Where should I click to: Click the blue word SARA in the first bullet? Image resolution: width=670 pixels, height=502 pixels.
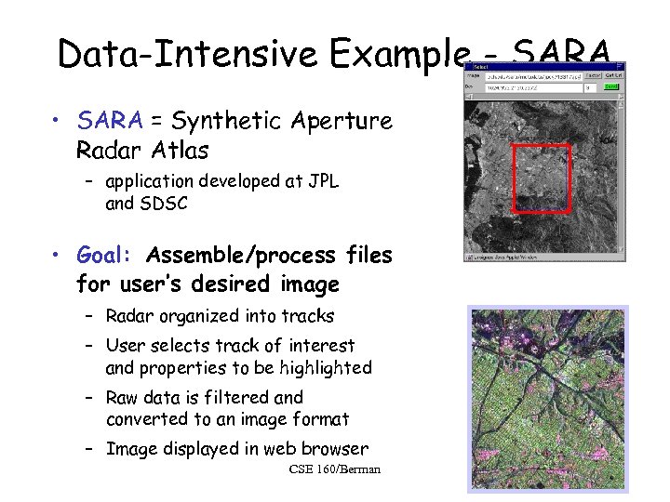[110, 121]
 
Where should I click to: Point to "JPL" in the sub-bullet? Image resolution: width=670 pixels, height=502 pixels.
[320, 182]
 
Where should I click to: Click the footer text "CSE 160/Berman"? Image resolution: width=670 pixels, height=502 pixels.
[335, 469]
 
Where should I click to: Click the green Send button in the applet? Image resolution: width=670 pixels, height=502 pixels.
[611, 87]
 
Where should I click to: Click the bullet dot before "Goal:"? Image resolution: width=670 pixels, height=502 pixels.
[58, 256]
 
